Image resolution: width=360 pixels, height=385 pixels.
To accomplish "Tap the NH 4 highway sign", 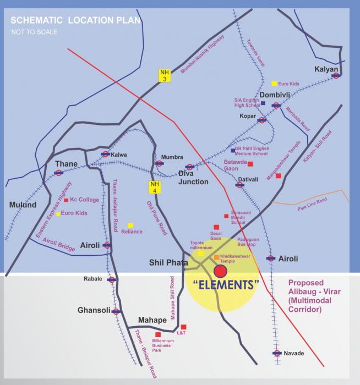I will coord(155,187).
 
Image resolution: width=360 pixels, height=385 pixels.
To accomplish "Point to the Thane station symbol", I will coord(59,173).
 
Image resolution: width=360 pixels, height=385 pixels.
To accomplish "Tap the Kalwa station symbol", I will coord(105,155).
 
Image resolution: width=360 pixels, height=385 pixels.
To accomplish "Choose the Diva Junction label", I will coord(193,182).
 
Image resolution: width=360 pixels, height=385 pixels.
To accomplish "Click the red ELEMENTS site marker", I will coord(220,271).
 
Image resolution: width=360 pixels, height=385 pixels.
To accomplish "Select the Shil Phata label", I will coord(165,263).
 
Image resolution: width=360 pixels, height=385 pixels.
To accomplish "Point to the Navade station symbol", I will coord(277,353).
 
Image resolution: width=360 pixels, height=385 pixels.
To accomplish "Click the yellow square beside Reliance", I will coord(130,225).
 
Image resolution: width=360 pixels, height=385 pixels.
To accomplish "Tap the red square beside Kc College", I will coord(66,200).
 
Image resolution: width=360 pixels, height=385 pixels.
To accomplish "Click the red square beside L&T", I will coord(183,327).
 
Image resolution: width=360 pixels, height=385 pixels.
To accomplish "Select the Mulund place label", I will coord(23,205).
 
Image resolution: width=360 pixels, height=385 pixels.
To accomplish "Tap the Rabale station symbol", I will coord(112,279).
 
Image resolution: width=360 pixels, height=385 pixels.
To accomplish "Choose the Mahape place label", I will coord(151,320).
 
